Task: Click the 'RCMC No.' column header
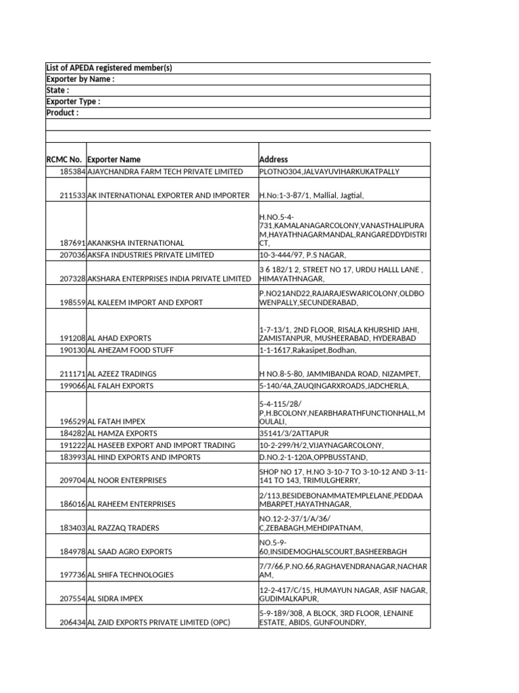(x=65, y=160)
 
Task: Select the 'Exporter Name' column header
(x=114, y=160)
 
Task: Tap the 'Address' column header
(x=274, y=160)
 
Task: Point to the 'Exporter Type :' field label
(x=73, y=102)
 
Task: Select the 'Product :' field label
(x=62, y=113)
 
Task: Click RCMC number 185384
(x=73, y=172)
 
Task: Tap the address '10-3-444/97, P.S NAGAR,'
(x=303, y=255)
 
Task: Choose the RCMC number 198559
(x=73, y=303)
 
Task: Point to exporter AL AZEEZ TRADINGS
(x=122, y=374)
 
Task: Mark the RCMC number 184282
(x=73, y=433)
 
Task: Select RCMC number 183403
(x=73, y=528)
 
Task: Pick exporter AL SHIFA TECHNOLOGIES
(x=130, y=575)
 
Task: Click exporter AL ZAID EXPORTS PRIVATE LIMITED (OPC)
(x=159, y=623)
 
